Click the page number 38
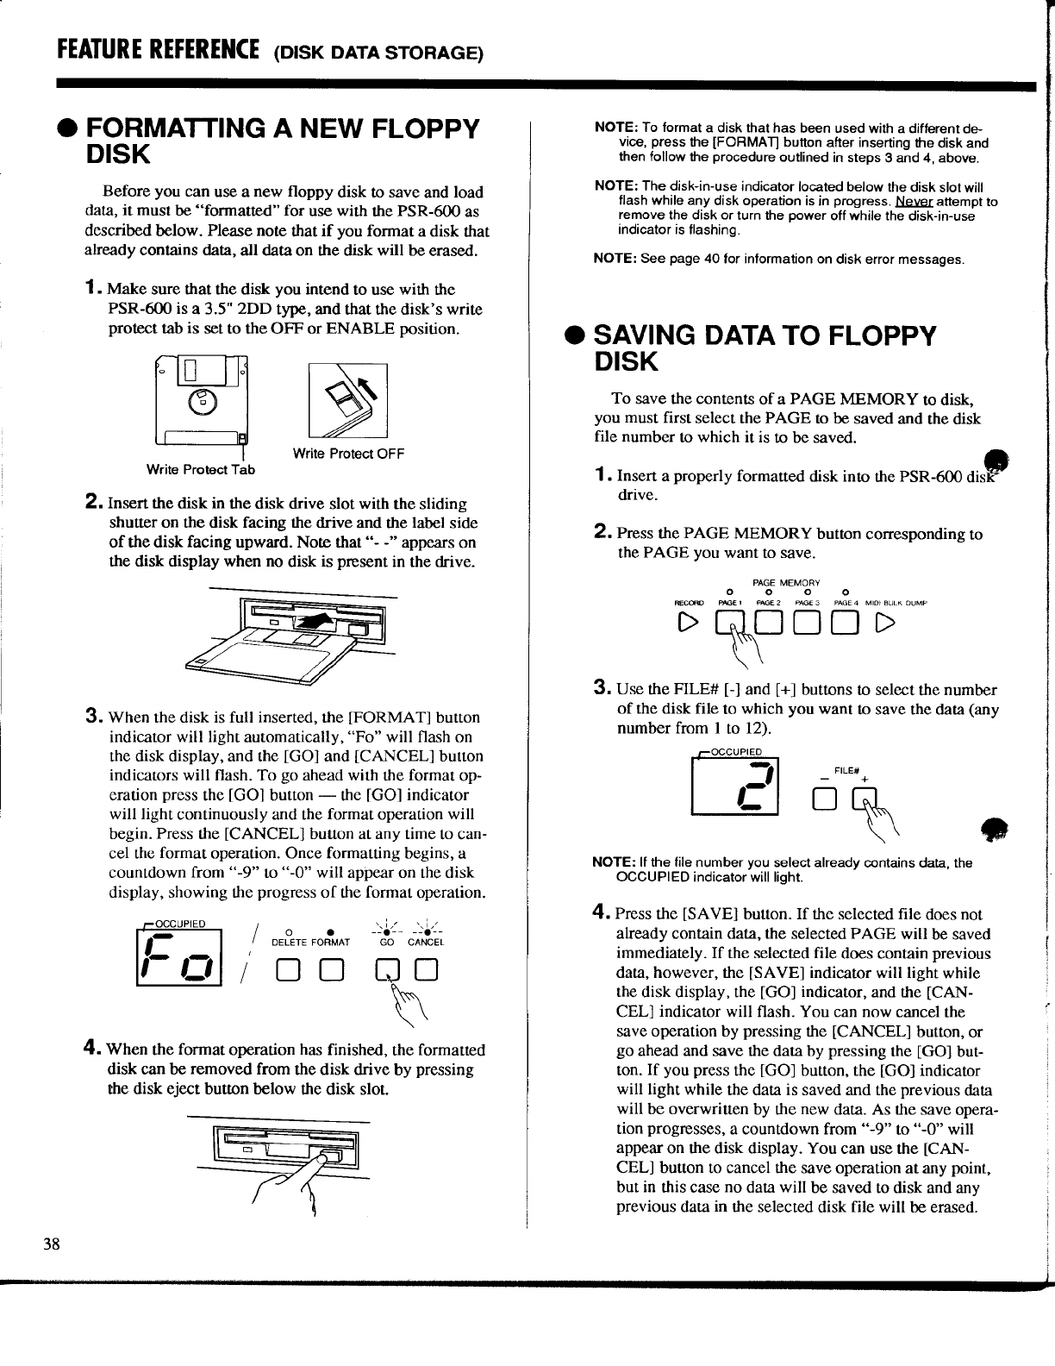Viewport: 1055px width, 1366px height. coord(53,1243)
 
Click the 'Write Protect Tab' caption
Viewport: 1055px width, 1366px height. coord(201,470)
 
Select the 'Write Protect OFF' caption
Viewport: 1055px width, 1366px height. coord(348,454)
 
